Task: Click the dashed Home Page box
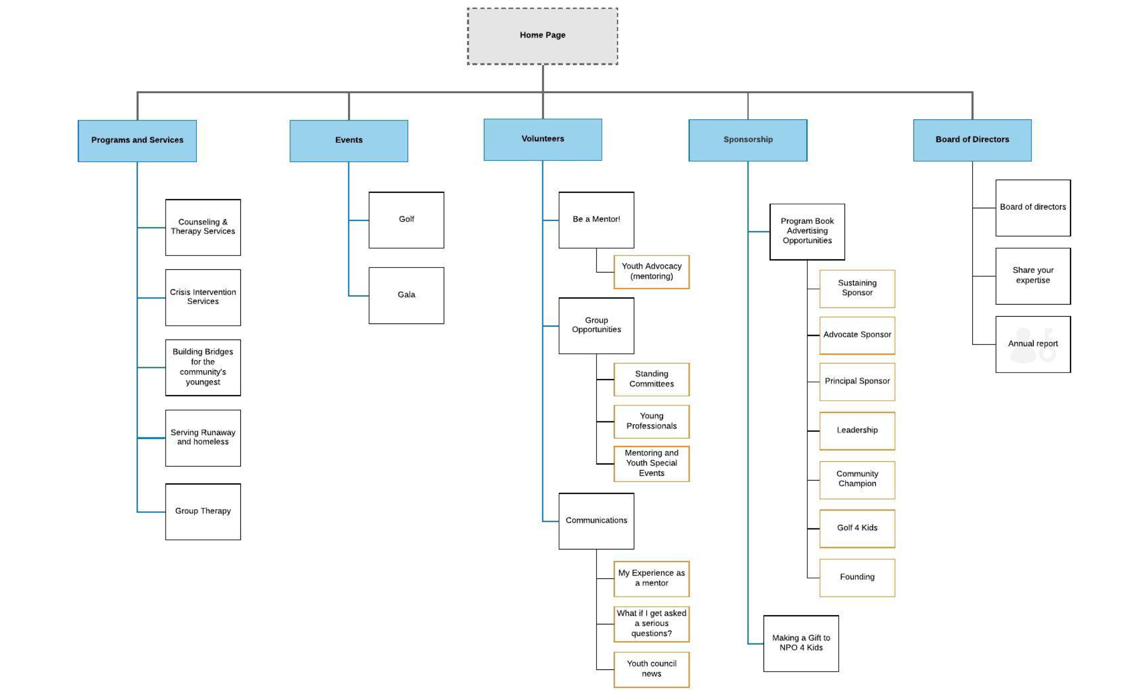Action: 542,36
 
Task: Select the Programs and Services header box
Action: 137,140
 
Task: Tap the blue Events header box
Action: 349,140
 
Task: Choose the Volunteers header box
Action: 542,139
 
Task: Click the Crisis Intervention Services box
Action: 203,297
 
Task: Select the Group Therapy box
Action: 203,511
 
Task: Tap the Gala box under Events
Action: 406,295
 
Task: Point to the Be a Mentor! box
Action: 596,220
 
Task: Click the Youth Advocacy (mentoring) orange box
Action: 651,271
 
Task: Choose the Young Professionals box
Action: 651,421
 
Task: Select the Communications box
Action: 596,521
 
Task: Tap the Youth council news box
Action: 651,669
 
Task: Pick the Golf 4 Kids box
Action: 857,528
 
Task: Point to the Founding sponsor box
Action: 857,577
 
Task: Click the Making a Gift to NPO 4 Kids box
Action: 801,643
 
